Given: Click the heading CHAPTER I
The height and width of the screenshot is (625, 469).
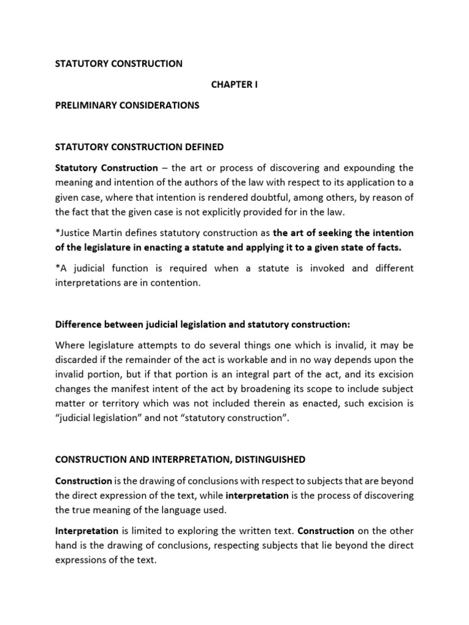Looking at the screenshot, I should pos(234,84).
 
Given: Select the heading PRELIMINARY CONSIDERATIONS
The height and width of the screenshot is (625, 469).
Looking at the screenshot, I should pos(127,105).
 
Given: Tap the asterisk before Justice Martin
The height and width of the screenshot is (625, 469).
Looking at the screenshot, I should pos(57,233).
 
